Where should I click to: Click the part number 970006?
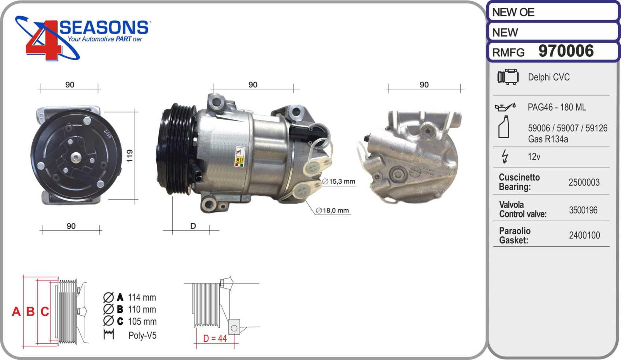point(566,51)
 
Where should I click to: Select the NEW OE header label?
point(513,12)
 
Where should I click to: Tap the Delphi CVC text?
point(549,77)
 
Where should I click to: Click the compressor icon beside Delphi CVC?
point(508,77)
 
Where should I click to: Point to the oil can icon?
point(505,107)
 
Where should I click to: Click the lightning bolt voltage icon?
point(505,157)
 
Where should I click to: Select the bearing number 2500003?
point(584,182)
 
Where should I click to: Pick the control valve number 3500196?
point(583,210)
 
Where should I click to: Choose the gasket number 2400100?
point(585,235)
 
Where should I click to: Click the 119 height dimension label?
point(130,156)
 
